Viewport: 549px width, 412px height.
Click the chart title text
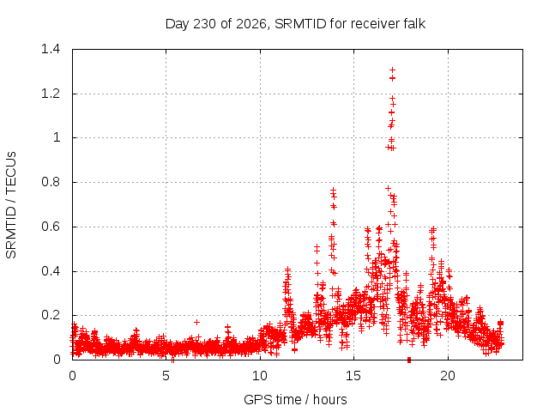coord(295,24)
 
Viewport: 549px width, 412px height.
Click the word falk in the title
coord(413,23)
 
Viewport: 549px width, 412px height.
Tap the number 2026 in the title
coord(251,24)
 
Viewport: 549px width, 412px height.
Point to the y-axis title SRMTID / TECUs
coord(11,205)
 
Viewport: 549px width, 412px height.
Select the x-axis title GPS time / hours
coord(295,399)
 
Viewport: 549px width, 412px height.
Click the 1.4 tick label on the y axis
coord(51,49)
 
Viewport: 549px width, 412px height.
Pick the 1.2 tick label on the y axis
coord(51,94)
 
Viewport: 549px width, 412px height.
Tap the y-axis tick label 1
coord(57,137)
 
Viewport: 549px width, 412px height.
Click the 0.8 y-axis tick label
coord(51,182)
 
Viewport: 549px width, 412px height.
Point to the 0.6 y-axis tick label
coord(51,227)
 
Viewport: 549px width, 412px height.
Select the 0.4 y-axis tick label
coord(51,271)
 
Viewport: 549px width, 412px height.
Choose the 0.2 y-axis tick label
coord(51,315)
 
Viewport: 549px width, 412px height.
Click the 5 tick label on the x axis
coord(166,376)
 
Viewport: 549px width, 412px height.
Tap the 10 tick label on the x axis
coord(260,376)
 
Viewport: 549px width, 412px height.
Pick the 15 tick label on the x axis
coord(353,376)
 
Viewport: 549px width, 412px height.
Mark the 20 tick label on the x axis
coord(448,376)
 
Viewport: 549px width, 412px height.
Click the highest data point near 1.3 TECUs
coord(393,70)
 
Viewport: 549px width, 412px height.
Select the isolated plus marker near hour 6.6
coord(196,322)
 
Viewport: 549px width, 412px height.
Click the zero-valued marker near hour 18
coord(409,360)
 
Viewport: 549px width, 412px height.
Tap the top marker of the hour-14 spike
coord(333,190)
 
